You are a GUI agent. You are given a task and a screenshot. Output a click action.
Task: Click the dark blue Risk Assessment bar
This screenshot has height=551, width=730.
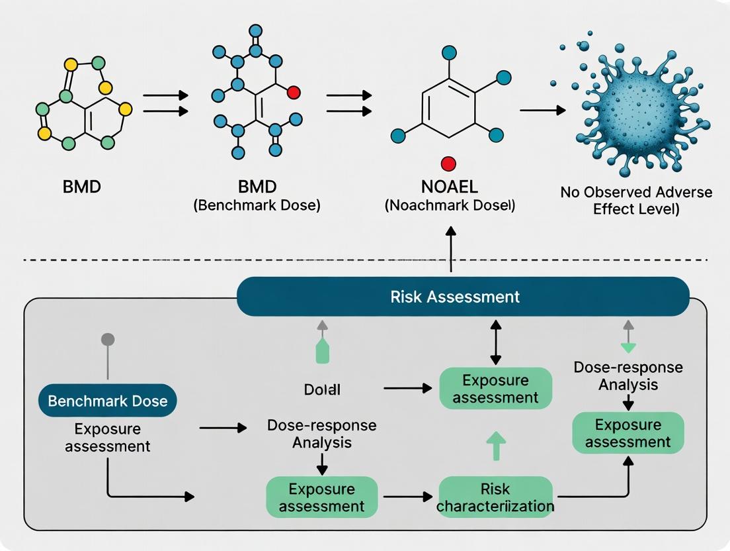[463, 296]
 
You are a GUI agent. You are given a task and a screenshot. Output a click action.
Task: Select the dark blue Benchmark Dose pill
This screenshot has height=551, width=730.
[108, 401]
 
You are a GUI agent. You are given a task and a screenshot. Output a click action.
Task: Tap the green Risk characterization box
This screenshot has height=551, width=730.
[496, 498]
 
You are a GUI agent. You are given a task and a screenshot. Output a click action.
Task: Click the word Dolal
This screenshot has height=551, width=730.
[322, 389]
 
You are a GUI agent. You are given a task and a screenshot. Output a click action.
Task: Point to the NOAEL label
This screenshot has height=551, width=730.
[450, 187]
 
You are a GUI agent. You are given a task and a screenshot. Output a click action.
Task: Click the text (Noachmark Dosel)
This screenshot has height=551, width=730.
[450, 206]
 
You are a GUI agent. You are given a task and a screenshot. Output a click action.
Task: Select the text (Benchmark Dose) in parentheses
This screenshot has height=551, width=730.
[257, 206]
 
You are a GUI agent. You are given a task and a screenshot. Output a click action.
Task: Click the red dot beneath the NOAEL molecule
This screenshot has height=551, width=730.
[448, 164]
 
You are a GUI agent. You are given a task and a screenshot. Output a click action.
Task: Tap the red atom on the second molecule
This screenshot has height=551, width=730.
[293, 92]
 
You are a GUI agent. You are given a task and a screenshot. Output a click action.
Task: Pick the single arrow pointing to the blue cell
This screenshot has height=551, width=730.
[542, 110]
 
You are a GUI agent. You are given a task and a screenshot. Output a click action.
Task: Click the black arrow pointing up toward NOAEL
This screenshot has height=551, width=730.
[451, 248]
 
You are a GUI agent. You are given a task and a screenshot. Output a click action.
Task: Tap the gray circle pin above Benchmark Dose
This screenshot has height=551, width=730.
[107, 340]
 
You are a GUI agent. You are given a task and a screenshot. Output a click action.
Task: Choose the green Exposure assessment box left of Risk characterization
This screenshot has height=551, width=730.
[321, 498]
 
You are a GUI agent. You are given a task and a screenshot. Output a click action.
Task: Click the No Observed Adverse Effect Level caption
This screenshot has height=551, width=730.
[636, 200]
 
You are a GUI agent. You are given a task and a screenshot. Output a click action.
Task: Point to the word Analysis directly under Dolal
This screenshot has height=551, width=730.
[321, 442]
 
